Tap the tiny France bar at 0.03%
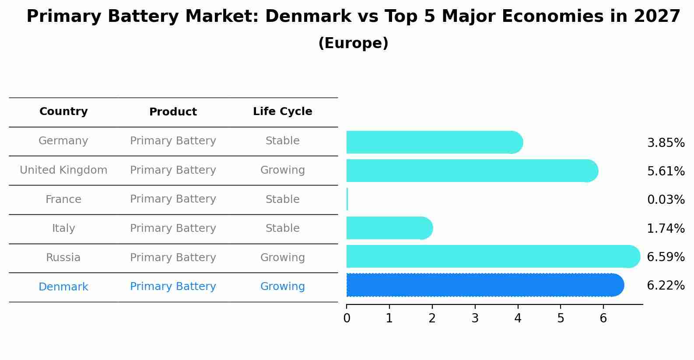347,199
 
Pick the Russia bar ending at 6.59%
493,256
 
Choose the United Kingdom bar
472,171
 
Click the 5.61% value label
666,171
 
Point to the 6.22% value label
666,286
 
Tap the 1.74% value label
666,228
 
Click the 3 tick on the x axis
475,318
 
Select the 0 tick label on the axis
347,318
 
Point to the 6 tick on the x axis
603,318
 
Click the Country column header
63,112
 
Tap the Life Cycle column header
282,112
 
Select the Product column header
173,112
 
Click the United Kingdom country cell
63,170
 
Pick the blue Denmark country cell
63,287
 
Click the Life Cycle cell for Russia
282,258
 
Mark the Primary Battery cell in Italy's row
173,228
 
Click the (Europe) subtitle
353,43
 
